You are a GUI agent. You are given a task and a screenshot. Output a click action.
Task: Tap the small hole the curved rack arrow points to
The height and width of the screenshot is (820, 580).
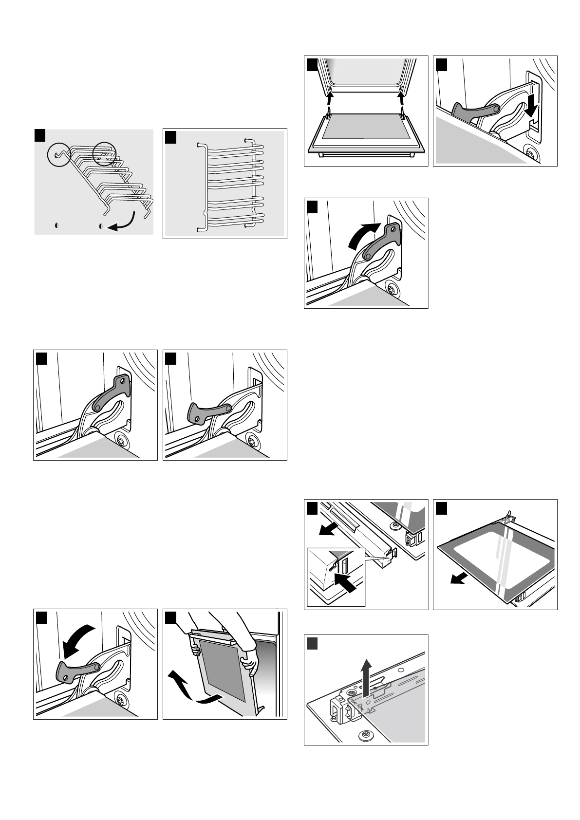tap(100, 225)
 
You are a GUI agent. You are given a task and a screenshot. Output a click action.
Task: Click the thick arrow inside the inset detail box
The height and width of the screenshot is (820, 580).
tap(348, 581)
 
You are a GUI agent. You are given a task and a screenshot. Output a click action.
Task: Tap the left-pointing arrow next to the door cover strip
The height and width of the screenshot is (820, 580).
tap(328, 529)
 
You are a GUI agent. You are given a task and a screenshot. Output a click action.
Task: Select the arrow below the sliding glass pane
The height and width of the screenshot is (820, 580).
tap(458, 578)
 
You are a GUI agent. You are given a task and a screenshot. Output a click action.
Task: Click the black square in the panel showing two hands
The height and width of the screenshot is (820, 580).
tap(170, 617)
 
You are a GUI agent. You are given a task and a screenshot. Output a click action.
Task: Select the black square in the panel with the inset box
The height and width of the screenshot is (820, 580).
tap(312, 508)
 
